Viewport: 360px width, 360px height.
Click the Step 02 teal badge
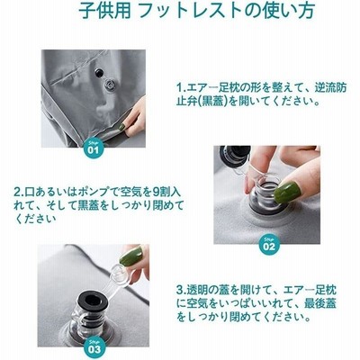coord(269,245)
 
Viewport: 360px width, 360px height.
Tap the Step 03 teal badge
coord(94,347)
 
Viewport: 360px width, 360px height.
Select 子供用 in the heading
coord(104,11)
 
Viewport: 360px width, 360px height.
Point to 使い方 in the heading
coord(290,11)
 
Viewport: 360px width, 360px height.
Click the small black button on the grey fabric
coord(99,72)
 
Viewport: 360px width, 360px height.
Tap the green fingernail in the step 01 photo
coord(122,127)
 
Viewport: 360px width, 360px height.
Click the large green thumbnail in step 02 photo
coord(285,192)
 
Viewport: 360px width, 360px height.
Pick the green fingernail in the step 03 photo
coord(131,256)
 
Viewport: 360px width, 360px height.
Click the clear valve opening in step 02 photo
coord(265,194)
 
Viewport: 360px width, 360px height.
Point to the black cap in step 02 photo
coord(235,153)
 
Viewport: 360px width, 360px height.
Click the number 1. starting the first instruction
coord(181,87)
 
